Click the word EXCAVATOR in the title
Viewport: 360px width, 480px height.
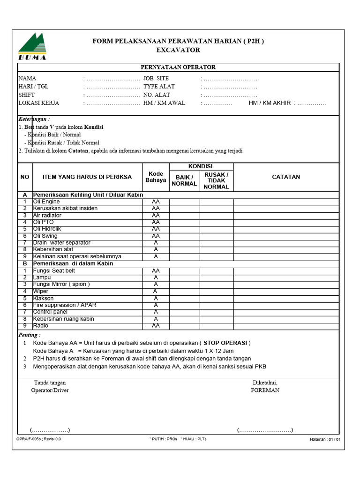(178, 50)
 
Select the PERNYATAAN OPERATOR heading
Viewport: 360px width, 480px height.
(178, 67)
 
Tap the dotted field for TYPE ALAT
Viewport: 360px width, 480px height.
(230, 87)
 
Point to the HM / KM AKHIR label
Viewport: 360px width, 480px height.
(270, 103)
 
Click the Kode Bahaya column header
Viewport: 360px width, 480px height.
(156, 177)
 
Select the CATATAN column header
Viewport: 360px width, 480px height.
(286, 177)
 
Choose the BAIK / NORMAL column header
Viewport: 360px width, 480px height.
(184, 180)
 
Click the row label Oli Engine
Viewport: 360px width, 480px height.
(46, 202)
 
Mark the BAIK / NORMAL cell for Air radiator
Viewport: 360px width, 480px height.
(184, 216)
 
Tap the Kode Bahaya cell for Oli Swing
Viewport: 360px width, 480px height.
(156, 236)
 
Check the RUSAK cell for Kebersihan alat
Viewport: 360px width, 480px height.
(216, 250)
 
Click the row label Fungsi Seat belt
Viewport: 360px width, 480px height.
(54, 271)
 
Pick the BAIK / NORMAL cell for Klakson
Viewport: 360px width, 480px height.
(184, 299)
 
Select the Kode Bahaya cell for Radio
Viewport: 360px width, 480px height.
(156, 326)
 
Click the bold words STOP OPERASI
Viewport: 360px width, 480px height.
(225, 343)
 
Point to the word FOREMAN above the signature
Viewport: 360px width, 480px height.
(265, 390)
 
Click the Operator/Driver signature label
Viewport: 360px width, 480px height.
(50, 390)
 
